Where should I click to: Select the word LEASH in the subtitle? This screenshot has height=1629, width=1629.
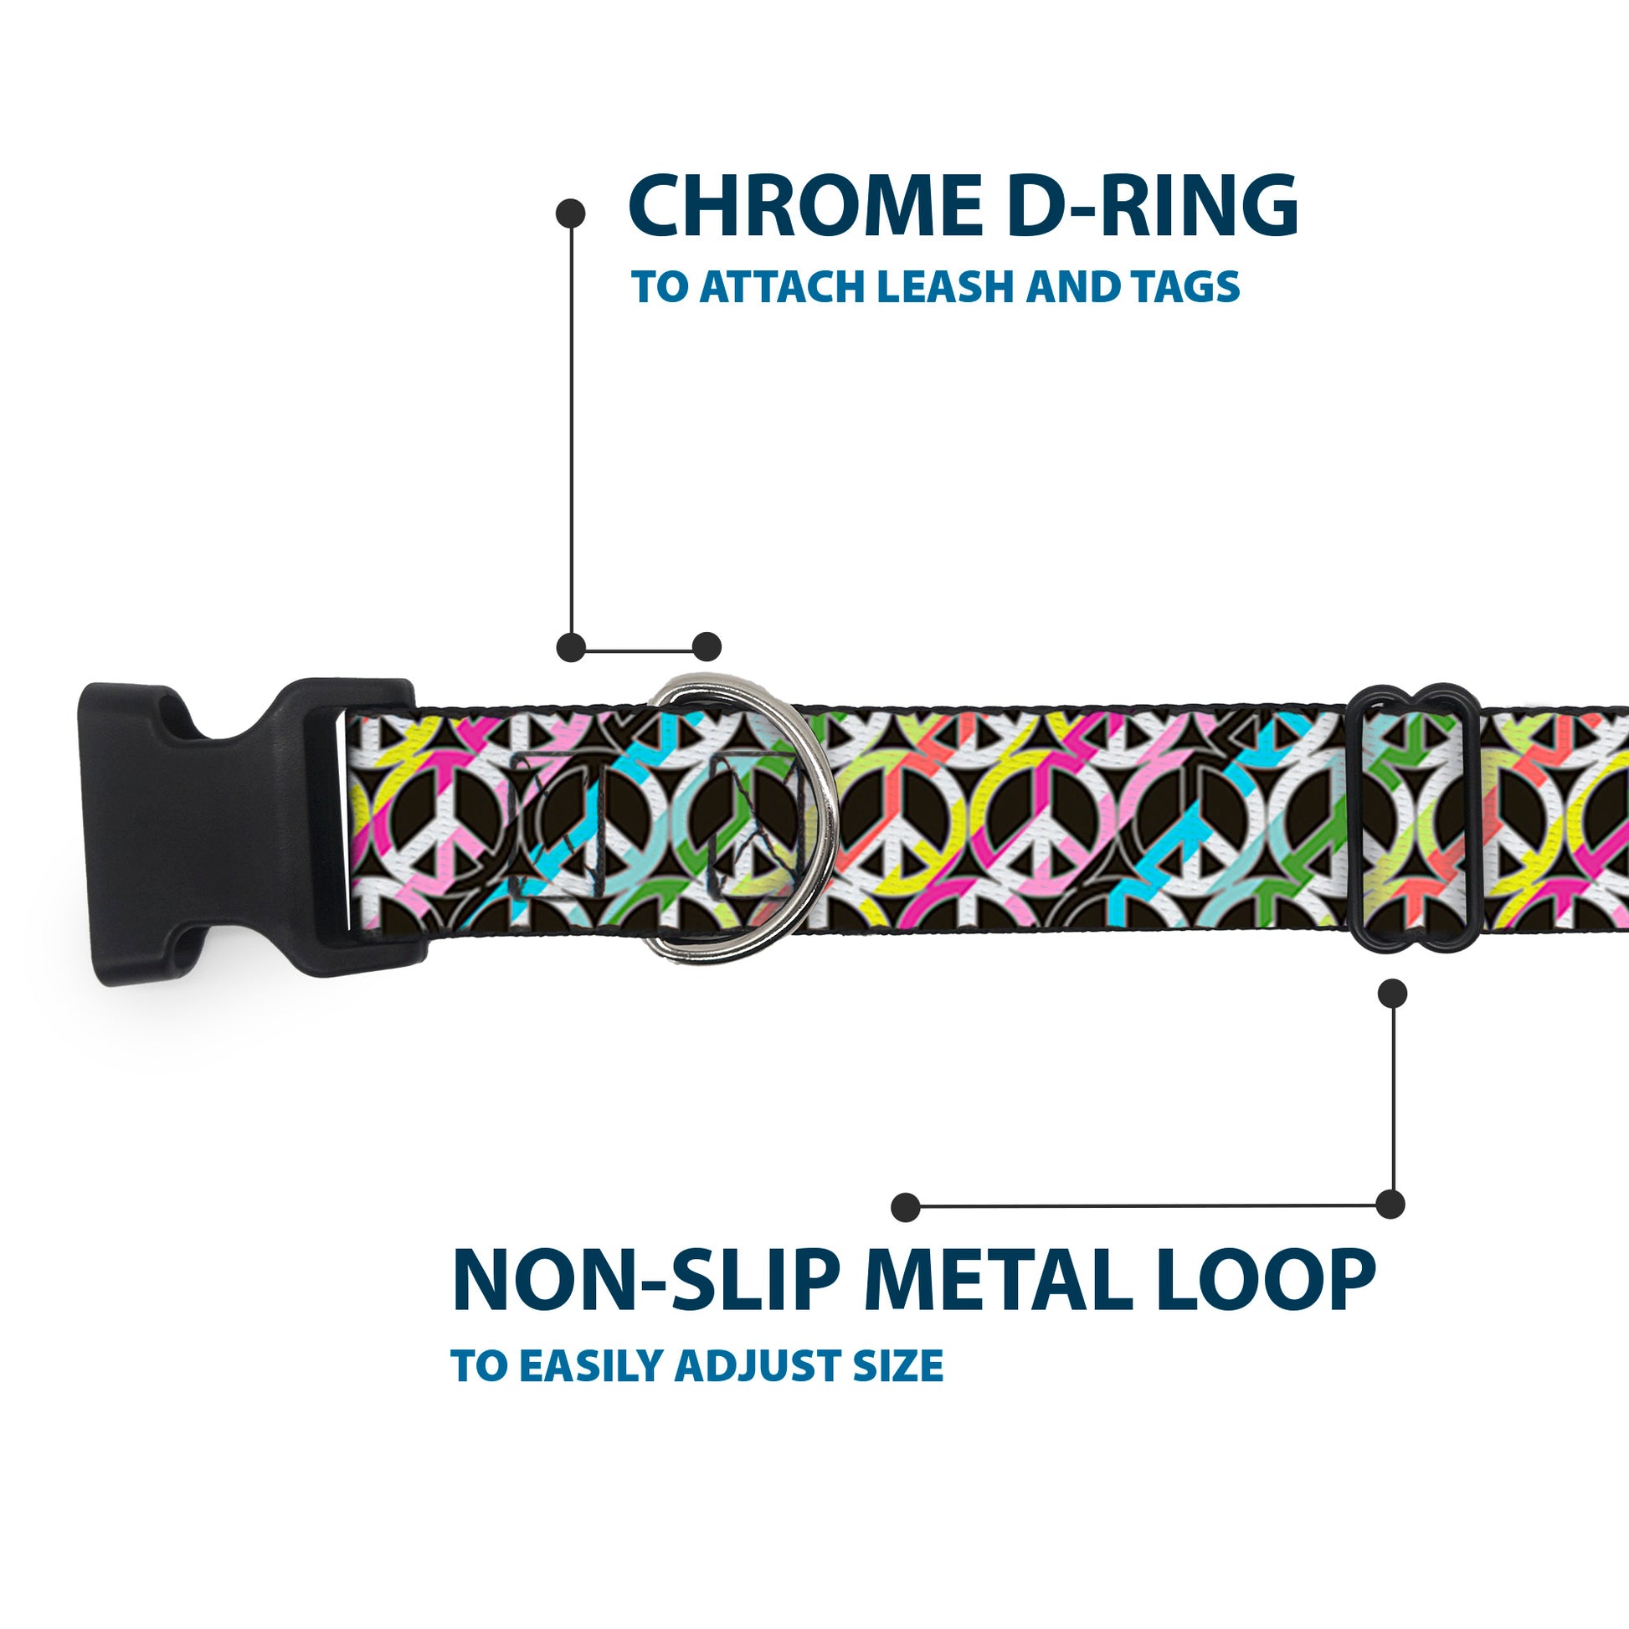click(x=945, y=287)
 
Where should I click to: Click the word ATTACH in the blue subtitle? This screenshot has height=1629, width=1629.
click(x=785, y=287)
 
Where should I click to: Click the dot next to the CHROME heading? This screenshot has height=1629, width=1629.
click(x=571, y=213)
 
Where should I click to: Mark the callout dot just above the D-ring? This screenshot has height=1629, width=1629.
click(x=707, y=647)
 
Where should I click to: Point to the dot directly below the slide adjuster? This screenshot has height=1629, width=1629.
click(x=1392, y=994)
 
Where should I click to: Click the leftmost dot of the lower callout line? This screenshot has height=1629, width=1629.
click(x=906, y=1206)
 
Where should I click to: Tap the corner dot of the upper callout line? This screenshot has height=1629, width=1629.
click(x=571, y=647)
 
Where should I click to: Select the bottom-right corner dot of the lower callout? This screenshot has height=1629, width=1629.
click(x=1390, y=1204)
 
